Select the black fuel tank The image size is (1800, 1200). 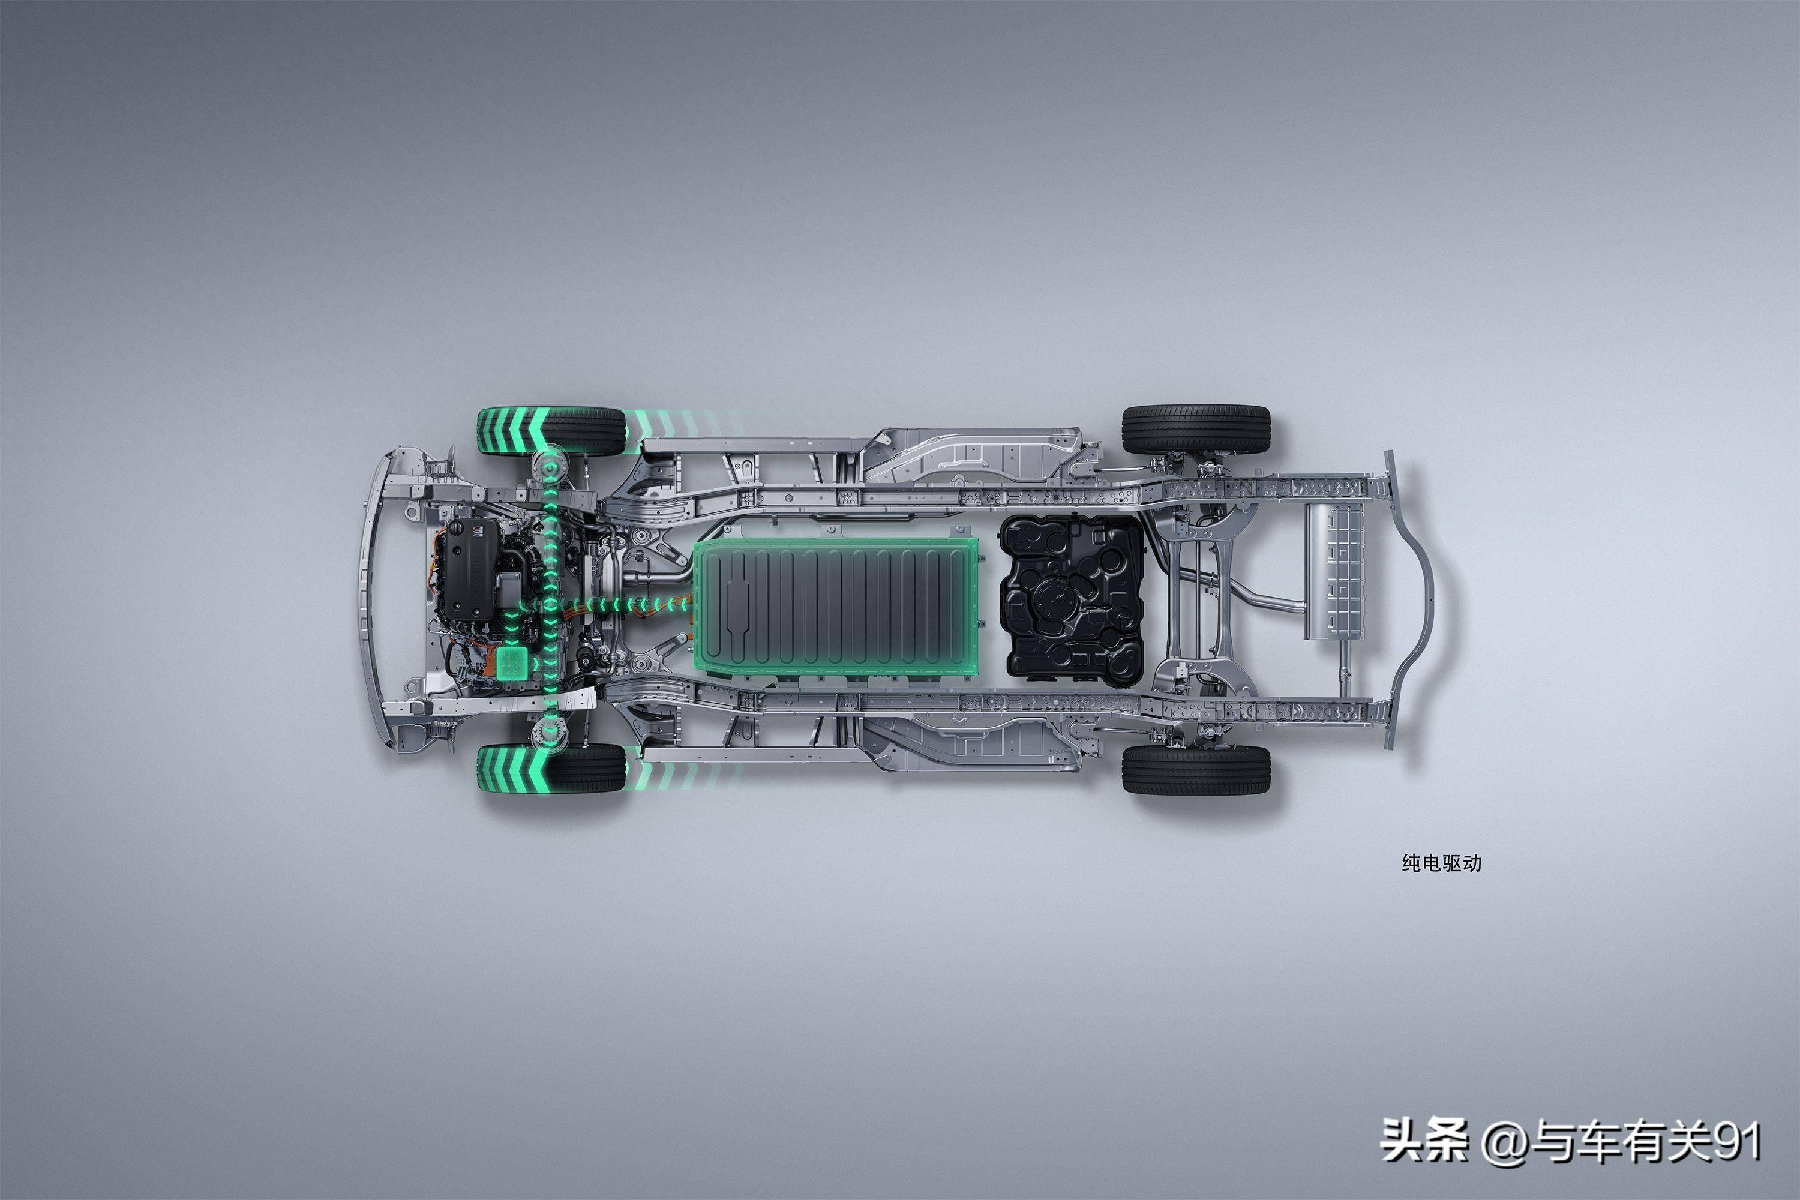click(1072, 597)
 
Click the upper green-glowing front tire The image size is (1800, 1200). click(551, 431)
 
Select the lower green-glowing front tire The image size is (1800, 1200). click(551, 769)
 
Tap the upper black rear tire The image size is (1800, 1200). click(1196, 430)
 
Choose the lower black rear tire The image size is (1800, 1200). click(1196, 769)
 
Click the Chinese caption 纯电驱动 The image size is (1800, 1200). click(1441, 863)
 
